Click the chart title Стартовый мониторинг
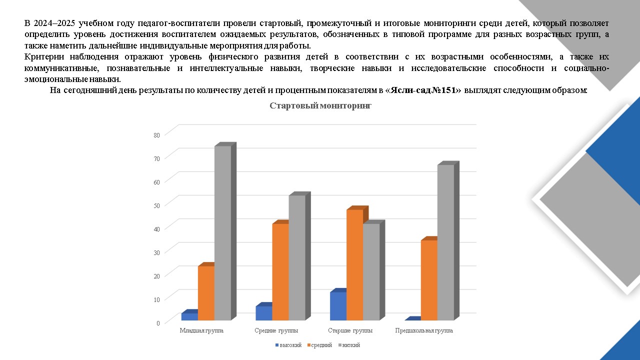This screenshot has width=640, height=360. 320,105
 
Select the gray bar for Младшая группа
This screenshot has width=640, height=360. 222,232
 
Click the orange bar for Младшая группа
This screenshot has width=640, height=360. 206,292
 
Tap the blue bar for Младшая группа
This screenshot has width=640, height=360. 189,316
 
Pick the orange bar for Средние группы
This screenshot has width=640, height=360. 280,271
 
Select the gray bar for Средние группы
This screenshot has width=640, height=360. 297,257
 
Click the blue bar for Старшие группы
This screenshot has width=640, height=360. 338,305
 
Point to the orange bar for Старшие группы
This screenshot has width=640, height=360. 354,264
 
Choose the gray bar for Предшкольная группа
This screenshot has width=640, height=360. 445,242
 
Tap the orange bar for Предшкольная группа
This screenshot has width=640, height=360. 429,280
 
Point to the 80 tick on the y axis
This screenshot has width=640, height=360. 156,134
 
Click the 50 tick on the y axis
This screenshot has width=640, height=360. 156,205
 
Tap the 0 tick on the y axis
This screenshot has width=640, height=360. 158,322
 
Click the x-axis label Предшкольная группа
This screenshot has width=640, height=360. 424,330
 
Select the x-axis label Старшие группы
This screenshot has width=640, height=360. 350,330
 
